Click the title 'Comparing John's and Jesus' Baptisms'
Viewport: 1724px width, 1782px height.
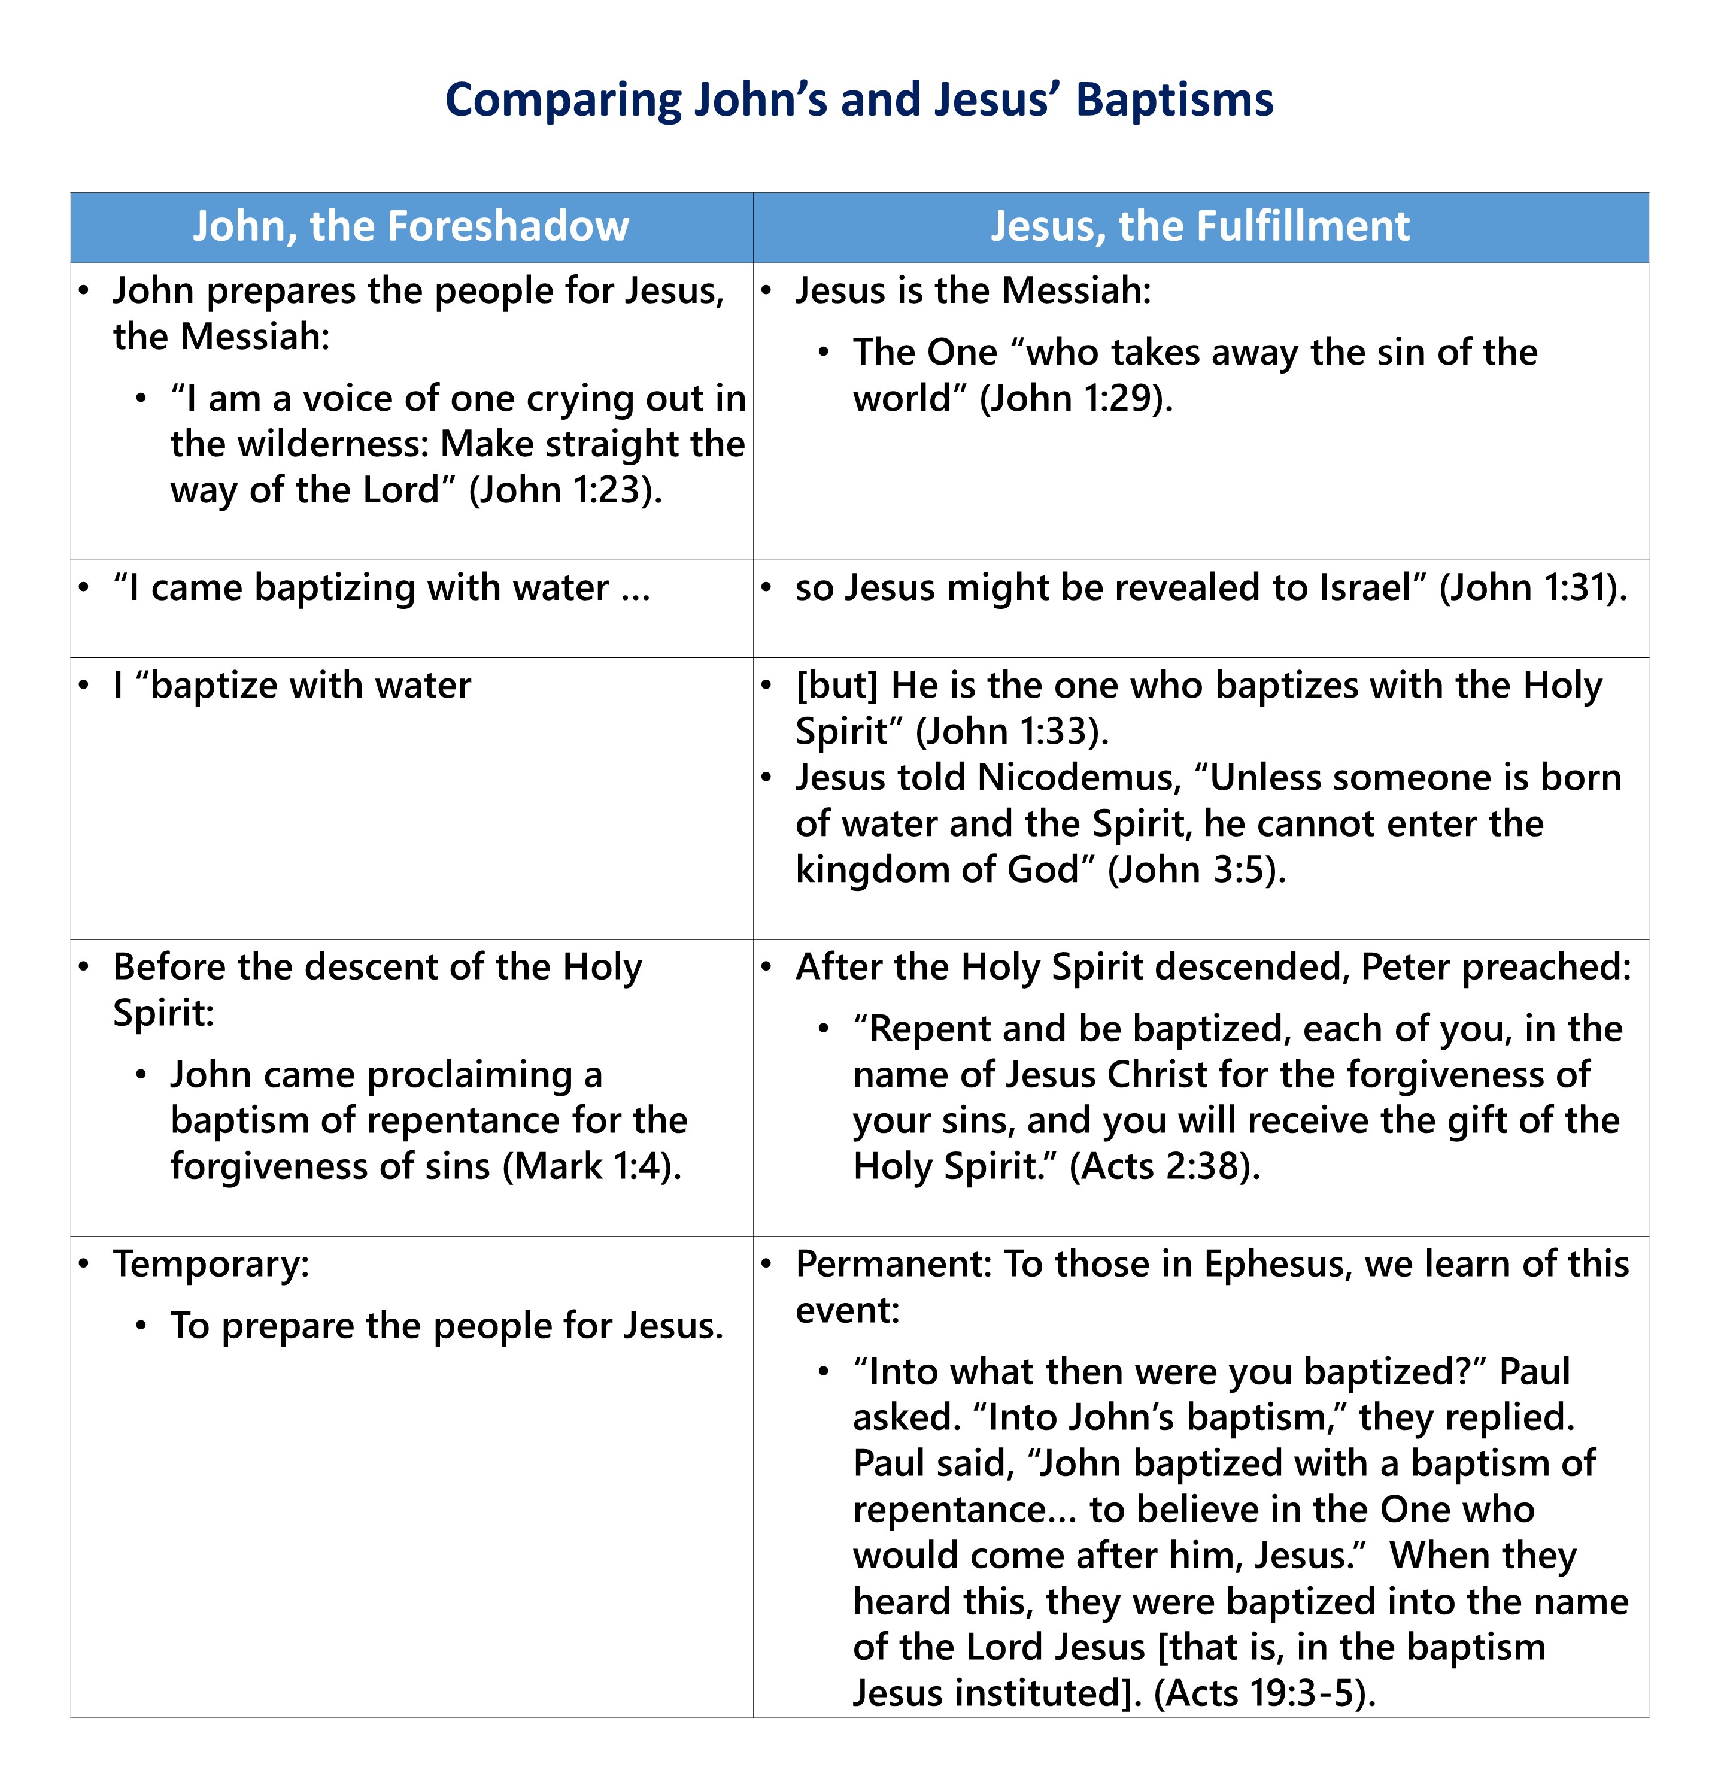point(859,100)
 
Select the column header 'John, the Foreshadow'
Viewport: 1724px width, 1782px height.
point(411,226)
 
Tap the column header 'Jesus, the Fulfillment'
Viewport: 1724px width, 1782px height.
point(1200,226)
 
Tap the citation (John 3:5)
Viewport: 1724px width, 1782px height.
point(1197,870)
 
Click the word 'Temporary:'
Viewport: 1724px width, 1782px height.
point(211,1265)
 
